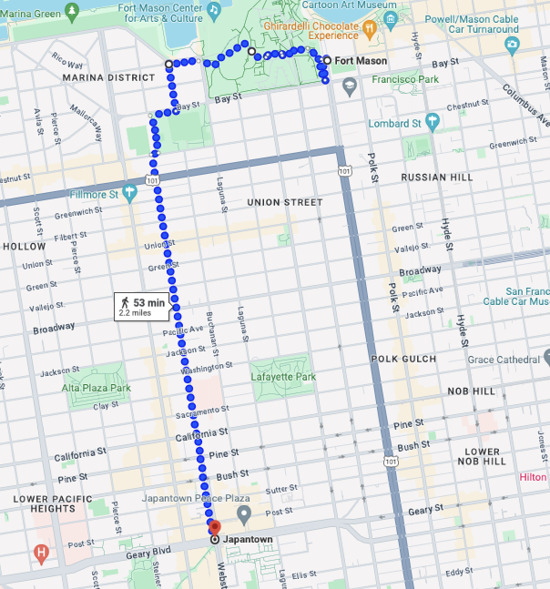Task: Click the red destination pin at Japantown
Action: click(x=215, y=527)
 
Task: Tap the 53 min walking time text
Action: click(x=148, y=302)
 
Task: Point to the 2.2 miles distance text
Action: click(x=136, y=313)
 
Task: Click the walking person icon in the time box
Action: click(x=124, y=302)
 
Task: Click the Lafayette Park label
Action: click(x=283, y=377)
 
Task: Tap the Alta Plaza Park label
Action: click(x=97, y=388)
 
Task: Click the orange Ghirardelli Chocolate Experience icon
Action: click(x=369, y=27)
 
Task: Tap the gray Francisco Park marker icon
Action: click(x=350, y=86)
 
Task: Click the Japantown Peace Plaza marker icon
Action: click(x=244, y=515)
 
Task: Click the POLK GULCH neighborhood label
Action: click(x=403, y=360)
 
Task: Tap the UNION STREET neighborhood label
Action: click(x=285, y=202)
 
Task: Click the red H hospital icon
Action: click(x=41, y=552)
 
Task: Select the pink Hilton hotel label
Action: click(x=533, y=477)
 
